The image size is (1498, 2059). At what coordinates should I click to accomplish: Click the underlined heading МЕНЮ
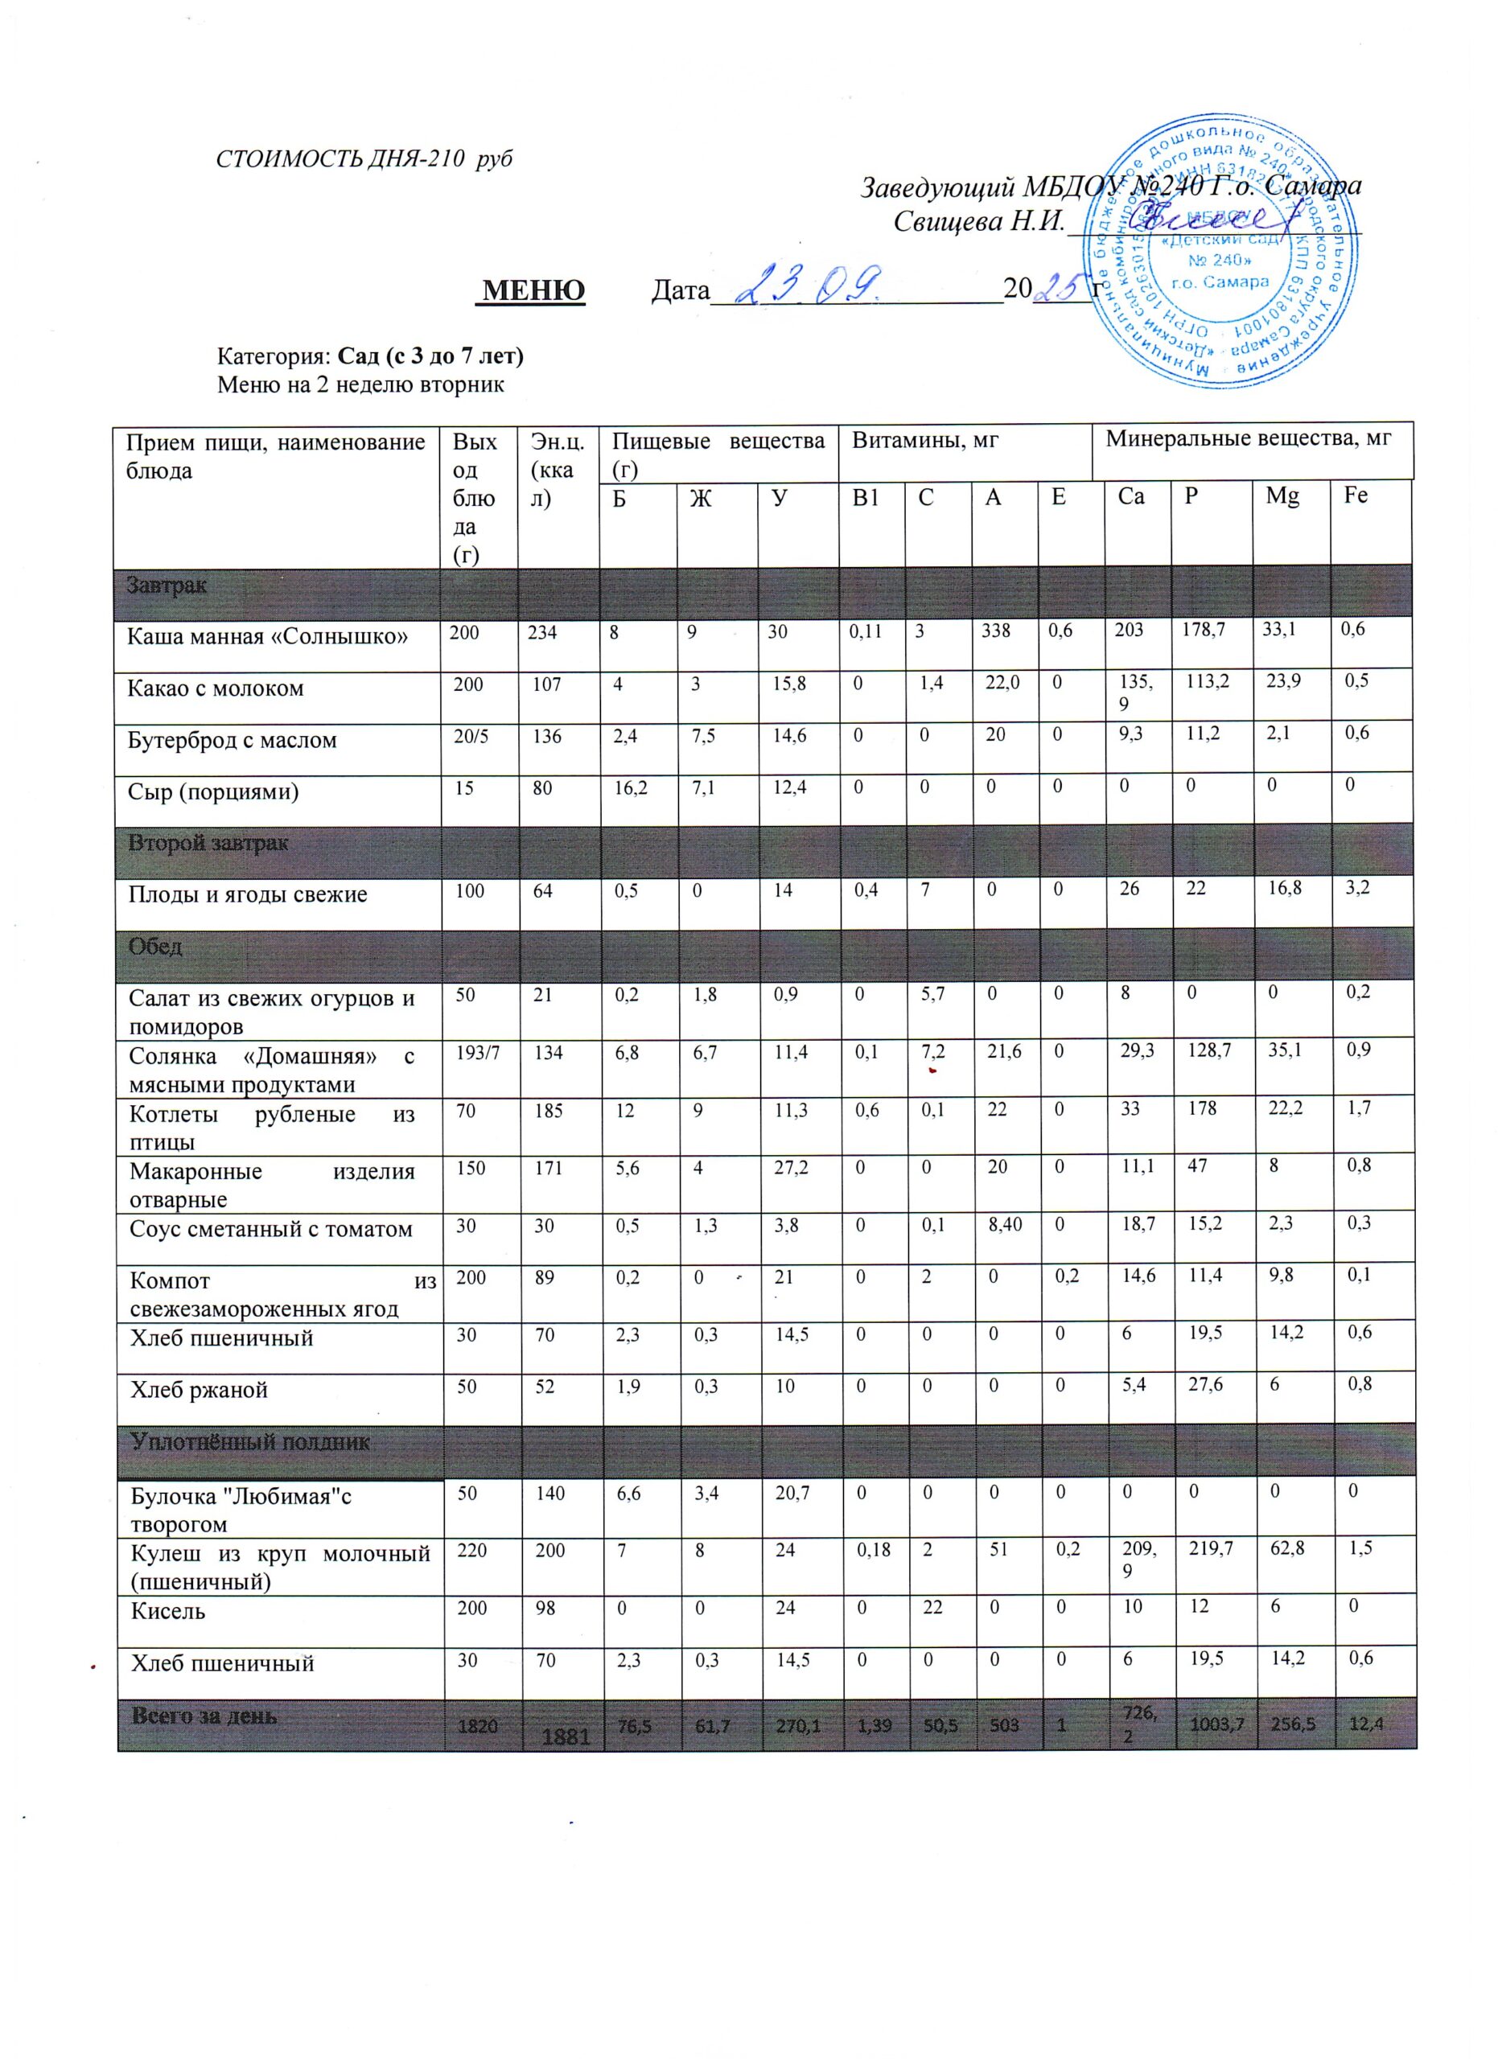point(533,290)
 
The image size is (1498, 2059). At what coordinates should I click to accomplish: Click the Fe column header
point(1356,495)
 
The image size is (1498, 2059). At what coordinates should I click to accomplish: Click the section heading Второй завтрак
point(208,842)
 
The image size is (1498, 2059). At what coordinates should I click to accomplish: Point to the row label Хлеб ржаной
point(199,1390)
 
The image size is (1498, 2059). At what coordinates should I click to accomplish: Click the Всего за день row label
point(204,1716)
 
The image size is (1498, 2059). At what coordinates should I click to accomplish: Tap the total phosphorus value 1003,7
point(1208,1723)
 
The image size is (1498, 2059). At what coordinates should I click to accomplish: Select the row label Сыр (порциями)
point(213,791)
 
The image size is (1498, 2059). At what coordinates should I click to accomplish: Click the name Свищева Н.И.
point(977,221)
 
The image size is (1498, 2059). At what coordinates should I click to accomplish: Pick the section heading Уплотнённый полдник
point(249,1441)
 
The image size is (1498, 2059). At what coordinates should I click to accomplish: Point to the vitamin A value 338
point(995,630)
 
